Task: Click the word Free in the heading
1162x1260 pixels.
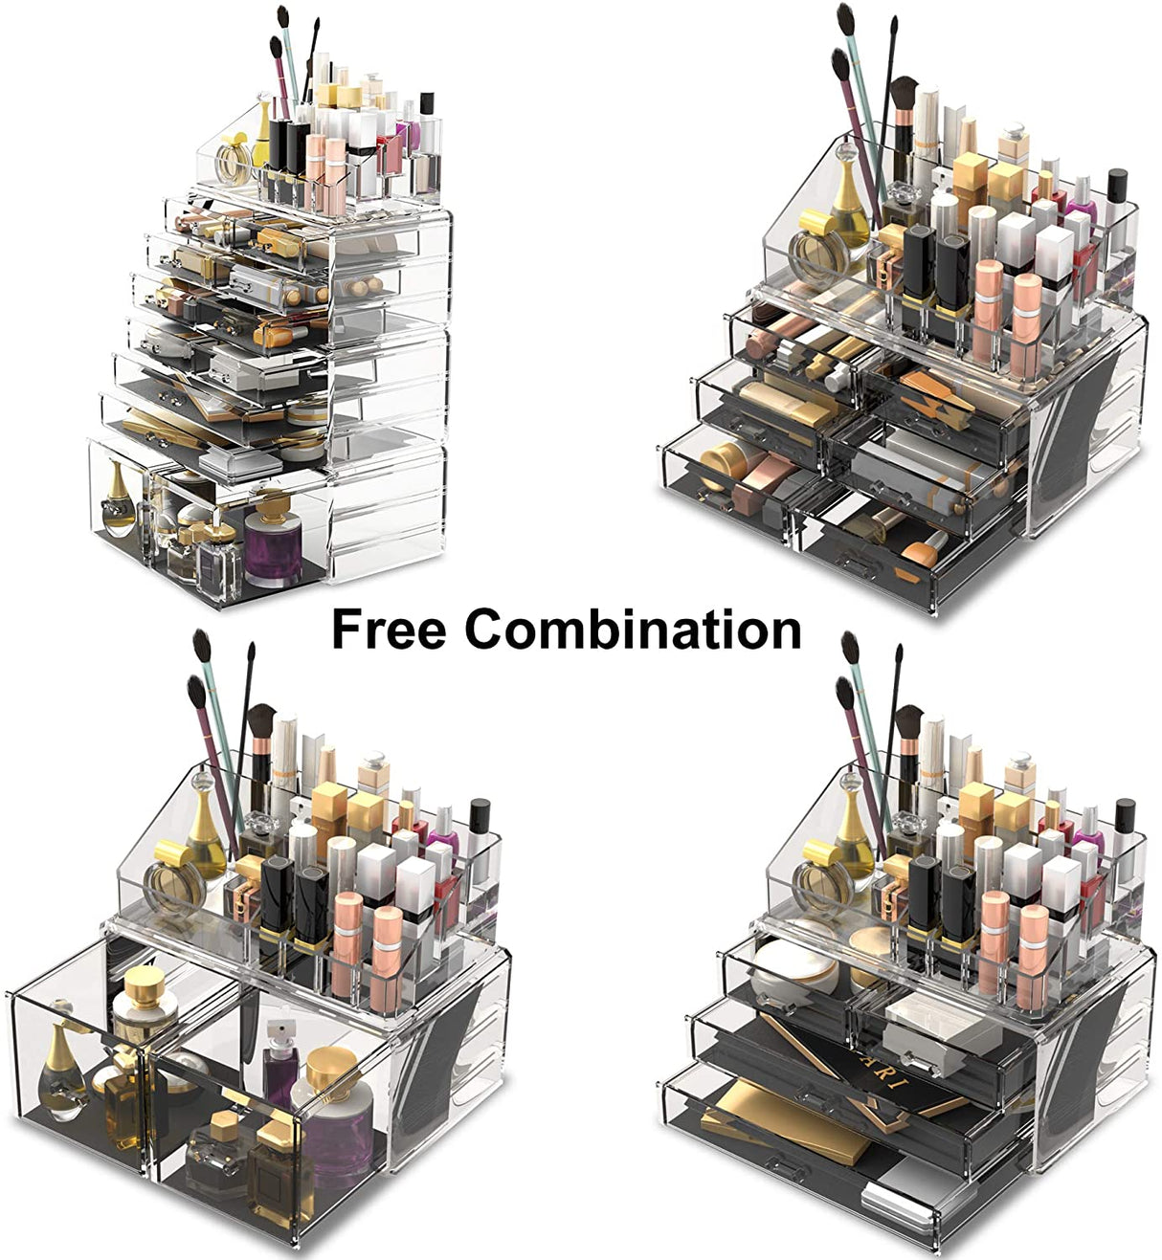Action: point(388,630)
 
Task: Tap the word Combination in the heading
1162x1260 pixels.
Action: point(633,630)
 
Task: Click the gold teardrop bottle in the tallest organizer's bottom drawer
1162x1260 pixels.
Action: point(118,497)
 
